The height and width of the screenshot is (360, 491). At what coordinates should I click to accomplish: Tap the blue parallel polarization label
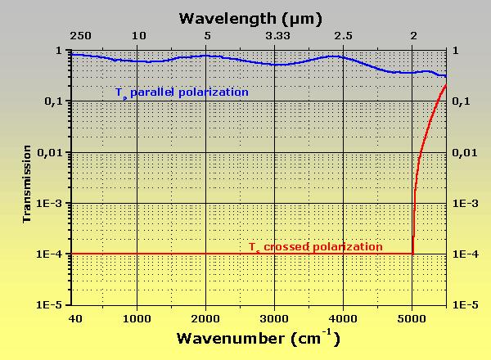(x=182, y=92)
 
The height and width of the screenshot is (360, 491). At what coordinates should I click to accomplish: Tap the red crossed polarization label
(x=316, y=246)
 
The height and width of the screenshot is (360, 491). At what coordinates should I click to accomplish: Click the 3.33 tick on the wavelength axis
(x=276, y=36)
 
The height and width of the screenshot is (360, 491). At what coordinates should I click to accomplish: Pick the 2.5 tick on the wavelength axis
(x=344, y=36)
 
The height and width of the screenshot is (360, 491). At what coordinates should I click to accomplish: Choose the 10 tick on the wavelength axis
(x=139, y=36)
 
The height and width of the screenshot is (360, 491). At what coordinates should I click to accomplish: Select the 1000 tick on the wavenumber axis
(x=137, y=318)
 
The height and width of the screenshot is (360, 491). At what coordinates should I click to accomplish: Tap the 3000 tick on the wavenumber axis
(x=275, y=318)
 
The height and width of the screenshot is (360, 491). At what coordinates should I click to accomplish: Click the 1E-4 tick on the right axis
(x=467, y=254)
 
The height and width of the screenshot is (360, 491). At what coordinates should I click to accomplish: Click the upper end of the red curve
(x=446, y=85)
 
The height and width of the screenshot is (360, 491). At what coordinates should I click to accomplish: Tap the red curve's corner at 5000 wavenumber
(x=412, y=253)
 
